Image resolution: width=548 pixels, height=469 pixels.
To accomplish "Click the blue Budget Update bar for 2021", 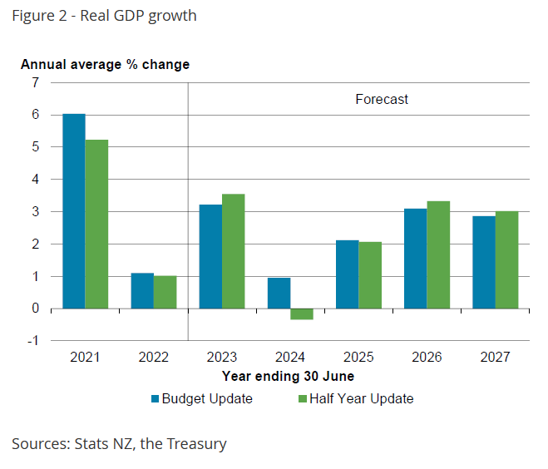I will (x=74, y=210).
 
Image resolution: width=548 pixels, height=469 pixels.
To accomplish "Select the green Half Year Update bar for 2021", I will (x=96, y=224).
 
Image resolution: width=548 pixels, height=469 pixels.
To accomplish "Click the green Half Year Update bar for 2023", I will (x=233, y=251).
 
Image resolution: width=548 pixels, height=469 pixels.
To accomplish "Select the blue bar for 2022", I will (x=142, y=290).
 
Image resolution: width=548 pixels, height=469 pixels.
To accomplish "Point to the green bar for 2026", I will (x=438, y=254).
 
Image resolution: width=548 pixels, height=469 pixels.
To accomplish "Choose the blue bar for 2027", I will (x=484, y=262).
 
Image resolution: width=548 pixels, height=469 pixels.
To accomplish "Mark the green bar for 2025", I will (x=370, y=275).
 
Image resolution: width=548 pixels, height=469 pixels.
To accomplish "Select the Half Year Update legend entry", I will (x=355, y=398).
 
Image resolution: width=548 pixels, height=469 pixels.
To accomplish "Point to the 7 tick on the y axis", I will (x=35, y=82).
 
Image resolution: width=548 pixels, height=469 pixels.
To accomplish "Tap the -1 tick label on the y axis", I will (x=33, y=341).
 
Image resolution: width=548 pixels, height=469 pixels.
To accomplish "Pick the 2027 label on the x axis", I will (x=496, y=358).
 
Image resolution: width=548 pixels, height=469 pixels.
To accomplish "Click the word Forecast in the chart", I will (x=382, y=99).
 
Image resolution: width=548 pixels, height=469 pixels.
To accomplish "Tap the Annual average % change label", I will (x=105, y=64).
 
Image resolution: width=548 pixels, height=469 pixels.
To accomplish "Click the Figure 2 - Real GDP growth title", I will (x=104, y=15).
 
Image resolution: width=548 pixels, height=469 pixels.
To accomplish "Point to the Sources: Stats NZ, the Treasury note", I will (x=119, y=443).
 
